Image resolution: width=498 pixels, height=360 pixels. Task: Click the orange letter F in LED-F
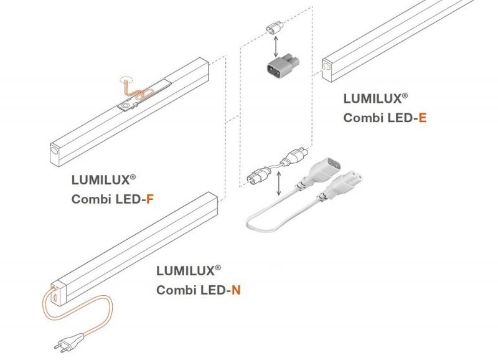tap(150, 199)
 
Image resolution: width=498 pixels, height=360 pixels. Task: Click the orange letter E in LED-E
tap(423, 118)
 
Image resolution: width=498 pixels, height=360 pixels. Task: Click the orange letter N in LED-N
tap(236, 290)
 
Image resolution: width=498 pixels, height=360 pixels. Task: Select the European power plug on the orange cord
tap(70, 341)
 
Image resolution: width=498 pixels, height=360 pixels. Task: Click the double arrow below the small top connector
tap(276, 47)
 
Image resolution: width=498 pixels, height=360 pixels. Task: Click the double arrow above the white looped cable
tap(279, 184)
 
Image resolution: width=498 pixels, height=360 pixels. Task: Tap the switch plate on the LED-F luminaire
tap(128, 105)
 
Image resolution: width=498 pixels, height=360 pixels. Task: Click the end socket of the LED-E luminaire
tap(327, 66)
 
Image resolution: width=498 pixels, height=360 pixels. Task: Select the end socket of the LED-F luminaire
tap(54, 149)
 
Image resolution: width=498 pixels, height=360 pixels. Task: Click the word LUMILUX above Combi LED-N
tap(186, 271)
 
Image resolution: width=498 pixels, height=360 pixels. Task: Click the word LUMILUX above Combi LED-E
tap(372, 99)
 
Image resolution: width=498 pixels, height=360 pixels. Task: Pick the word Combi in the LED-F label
tap(92, 199)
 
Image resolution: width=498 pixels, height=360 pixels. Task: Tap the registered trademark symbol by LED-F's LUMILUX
tap(133, 177)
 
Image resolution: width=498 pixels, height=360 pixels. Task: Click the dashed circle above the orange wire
tap(126, 78)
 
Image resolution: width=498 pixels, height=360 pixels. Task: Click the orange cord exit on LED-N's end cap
tap(54, 288)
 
